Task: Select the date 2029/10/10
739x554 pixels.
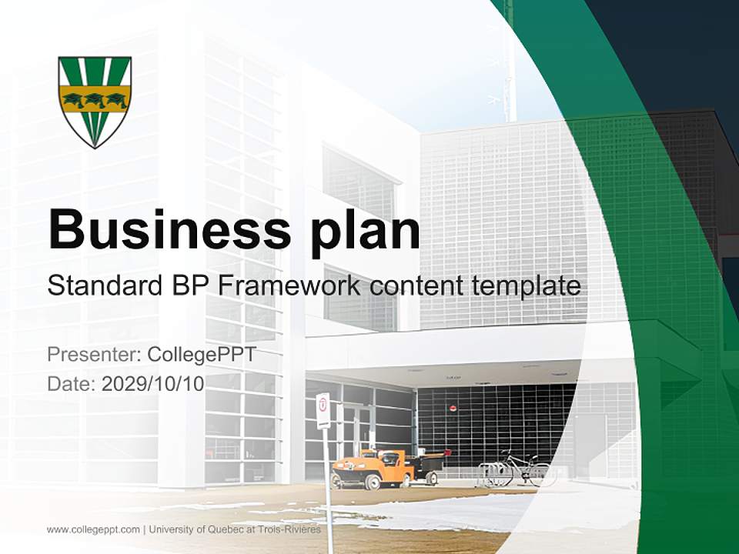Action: point(153,383)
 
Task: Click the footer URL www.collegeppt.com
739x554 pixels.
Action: point(93,529)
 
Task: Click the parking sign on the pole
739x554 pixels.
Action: point(323,410)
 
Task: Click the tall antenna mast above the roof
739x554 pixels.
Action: point(508,62)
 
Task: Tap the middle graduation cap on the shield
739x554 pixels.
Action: point(95,98)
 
